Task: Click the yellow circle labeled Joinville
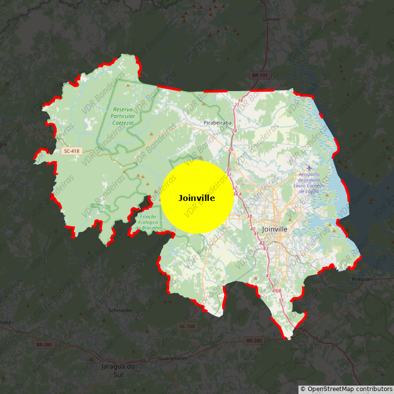197,197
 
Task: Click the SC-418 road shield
71,151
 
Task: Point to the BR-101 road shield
260,75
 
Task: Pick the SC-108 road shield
187,327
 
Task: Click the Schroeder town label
121,310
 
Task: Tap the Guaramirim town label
173,359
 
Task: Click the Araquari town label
363,278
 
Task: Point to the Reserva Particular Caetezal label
123,116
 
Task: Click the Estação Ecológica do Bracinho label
148,222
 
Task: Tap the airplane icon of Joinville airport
309,168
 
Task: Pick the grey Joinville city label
275,230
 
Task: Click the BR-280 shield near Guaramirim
254,340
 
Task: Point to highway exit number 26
230,149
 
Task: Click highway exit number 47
268,275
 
